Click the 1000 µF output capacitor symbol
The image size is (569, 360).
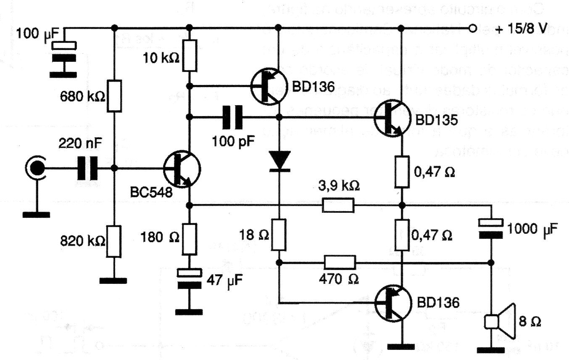tap(491, 227)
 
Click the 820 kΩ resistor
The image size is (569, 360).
tap(114, 241)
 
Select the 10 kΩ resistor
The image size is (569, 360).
tap(190, 56)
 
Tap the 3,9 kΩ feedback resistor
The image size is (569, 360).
tap(338, 206)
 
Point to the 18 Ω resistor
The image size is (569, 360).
tap(279, 234)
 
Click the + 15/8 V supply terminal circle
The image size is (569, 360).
tap(472, 29)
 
